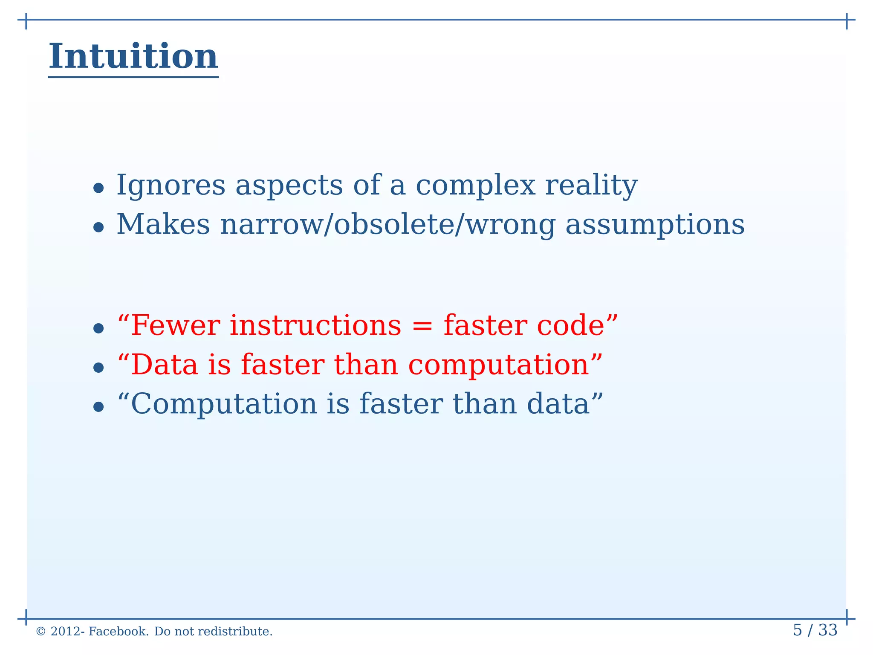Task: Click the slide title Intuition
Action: coord(133,56)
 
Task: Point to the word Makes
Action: coord(163,225)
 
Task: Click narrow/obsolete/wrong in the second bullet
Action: coord(387,225)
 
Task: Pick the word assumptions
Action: coord(655,225)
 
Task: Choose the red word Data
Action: coord(165,365)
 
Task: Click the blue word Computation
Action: coord(224,404)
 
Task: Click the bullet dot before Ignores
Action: coord(98,188)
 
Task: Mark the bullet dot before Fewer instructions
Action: coord(98,328)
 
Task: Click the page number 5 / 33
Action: coord(815,630)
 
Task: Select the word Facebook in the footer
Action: coord(118,632)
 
